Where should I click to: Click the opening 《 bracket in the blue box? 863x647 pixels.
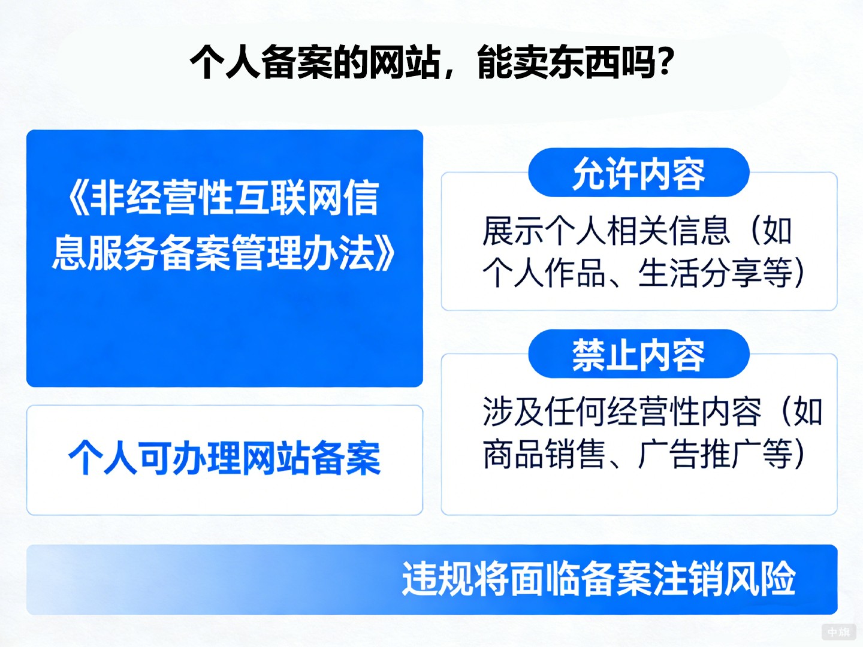pos(78,198)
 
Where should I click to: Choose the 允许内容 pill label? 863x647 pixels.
pos(638,174)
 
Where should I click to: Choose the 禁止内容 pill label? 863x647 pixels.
pos(638,355)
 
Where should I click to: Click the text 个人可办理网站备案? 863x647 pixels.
pos(225,459)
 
